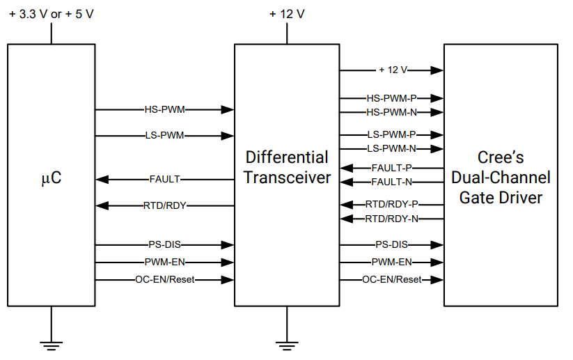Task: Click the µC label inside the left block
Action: click(x=51, y=178)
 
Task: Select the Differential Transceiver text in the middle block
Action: click(x=287, y=167)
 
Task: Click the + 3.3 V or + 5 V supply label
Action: click(x=51, y=15)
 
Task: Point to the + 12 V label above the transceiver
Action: click(x=287, y=15)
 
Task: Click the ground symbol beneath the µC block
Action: click(x=51, y=343)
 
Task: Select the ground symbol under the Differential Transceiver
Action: click(x=287, y=343)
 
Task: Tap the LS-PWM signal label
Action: click(x=164, y=135)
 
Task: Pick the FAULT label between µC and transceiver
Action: click(x=164, y=179)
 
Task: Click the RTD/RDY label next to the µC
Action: click(x=164, y=205)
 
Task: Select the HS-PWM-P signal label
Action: click(x=391, y=99)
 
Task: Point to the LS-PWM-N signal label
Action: click(x=391, y=148)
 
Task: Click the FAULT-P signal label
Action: click(x=391, y=168)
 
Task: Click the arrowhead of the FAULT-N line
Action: click(x=346, y=182)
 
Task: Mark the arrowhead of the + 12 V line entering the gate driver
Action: click(x=437, y=70)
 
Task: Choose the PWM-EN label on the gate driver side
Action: click(x=391, y=262)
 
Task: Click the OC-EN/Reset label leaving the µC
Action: click(x=164, y=279)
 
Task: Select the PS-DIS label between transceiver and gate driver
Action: click(x=391, y=244)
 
